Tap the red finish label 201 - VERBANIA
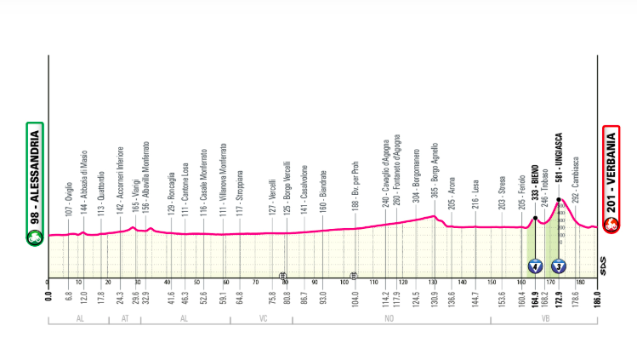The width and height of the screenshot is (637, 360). tap(610, 180)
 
